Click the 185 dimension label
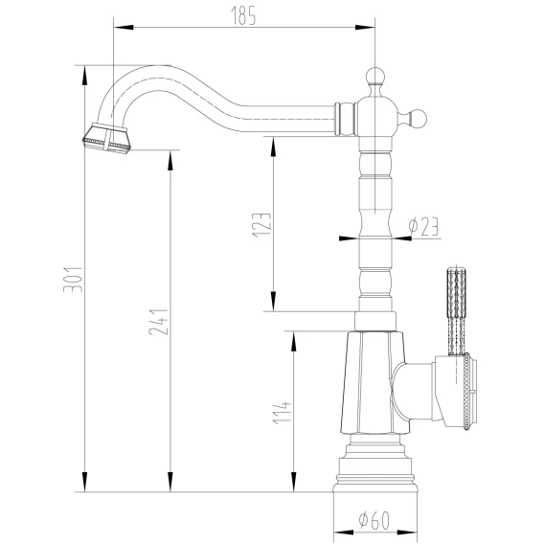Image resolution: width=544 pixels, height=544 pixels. coord(243,15)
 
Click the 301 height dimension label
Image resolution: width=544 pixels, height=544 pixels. coord(73,280)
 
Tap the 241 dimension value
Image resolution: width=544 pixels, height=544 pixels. coord(158,322)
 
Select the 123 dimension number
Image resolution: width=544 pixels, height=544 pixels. coord(261,225)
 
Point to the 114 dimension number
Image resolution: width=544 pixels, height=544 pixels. coord(282,413)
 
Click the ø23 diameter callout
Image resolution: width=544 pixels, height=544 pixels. coord(423,226)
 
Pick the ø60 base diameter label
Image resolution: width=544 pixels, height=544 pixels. coord(374,520)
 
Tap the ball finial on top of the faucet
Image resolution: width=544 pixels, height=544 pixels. coord(375,77)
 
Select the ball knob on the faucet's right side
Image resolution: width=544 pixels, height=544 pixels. coord(417,119)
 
